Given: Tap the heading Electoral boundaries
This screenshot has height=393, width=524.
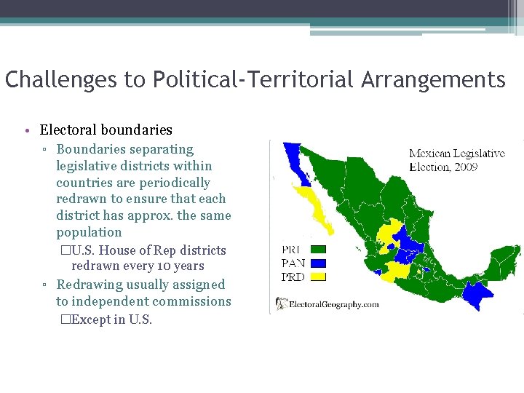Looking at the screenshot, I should (x=106, y=130).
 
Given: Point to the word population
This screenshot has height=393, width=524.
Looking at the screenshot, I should (x=89, y=232).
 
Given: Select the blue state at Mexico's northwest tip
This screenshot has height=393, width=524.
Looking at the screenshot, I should (x=294, y=155).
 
